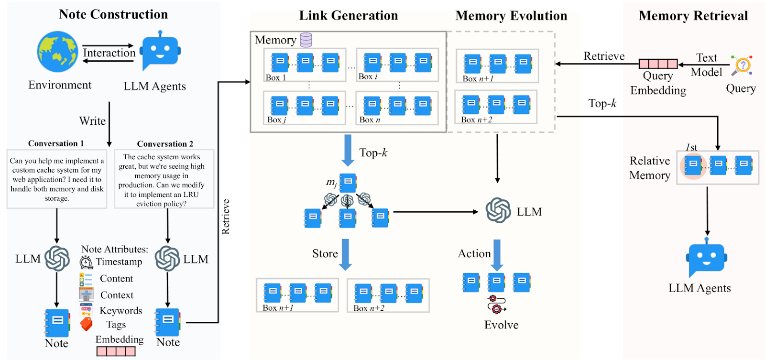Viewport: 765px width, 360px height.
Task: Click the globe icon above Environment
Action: tap(57, 52)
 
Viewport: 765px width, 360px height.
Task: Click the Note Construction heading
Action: tap(113, 14)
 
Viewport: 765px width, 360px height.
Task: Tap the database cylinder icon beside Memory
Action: tap(306, 40)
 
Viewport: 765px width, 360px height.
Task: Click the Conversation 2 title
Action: tap(165, 144)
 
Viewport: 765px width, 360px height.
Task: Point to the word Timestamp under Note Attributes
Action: tap(119, 262)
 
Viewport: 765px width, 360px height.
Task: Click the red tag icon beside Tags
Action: tap(86, 324)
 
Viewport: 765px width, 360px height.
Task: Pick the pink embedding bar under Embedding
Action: tap(116, 351)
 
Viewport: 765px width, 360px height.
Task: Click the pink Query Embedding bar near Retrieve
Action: tap(658, 64)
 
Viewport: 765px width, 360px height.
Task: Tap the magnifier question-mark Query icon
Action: tap(742, 65)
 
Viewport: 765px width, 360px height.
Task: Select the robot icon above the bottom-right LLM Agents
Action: tap(706, 258)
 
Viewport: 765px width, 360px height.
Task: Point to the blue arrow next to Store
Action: tap(345, 254)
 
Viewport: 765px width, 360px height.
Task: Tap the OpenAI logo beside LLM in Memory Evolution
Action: tap(498, 210)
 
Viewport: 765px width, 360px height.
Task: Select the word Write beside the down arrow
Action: tap(92, 121)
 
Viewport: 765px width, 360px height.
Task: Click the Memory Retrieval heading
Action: tap(693, 16)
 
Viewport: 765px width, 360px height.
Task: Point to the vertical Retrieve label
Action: tap(226, 217)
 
